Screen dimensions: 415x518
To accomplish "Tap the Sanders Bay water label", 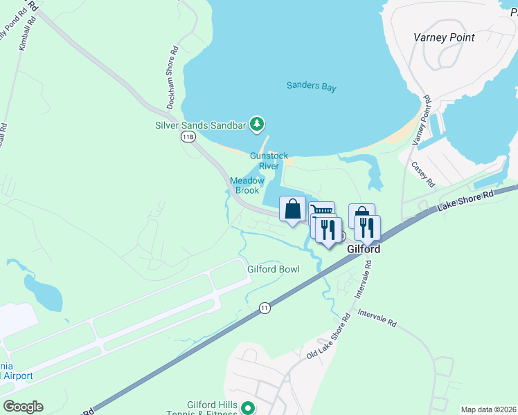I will [x=312, y=86].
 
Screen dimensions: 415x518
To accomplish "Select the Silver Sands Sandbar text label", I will [x=200, y=125].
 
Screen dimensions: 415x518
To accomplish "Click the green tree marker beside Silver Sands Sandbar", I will [x=258, y=124].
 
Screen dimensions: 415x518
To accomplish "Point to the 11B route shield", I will [x=188, y=137].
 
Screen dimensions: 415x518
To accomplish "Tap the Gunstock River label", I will [x=269, y=161].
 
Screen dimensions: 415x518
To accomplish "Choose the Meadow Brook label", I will [x=247, y=185].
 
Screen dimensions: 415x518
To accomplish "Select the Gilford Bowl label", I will [x=274, y=269].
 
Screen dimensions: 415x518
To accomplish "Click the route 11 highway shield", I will [x=265, y=307].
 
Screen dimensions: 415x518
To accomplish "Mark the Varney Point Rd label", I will [x=423, y=120].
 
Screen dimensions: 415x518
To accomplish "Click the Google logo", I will [x=23, y=407].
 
